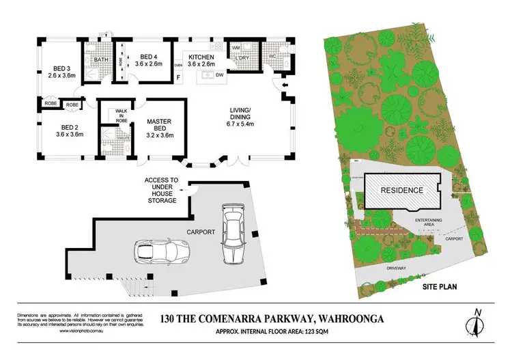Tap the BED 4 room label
(149, 60)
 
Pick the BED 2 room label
(69, 130)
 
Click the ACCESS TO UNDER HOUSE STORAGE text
(161, 191)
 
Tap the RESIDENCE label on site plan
(401, 190)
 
